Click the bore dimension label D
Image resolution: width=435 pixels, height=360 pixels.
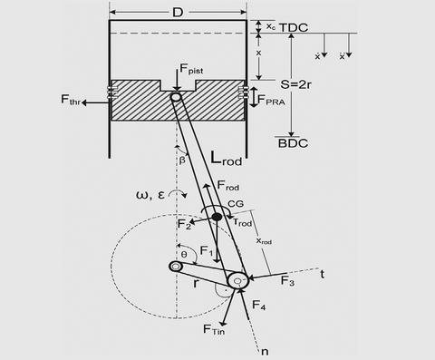[178, 13]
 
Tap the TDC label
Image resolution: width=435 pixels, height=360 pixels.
[294, 27]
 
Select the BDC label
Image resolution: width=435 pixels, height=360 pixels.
[293, 143]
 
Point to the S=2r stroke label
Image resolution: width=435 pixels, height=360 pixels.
[295, 84]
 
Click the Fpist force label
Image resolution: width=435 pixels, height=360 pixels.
[191, 69]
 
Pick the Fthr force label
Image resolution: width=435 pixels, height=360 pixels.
[71, 100]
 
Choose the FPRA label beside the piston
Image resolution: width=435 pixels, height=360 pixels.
[271, 100]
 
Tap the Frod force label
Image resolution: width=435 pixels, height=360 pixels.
[228, 185]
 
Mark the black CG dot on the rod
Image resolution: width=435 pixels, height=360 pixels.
[217, 217]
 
